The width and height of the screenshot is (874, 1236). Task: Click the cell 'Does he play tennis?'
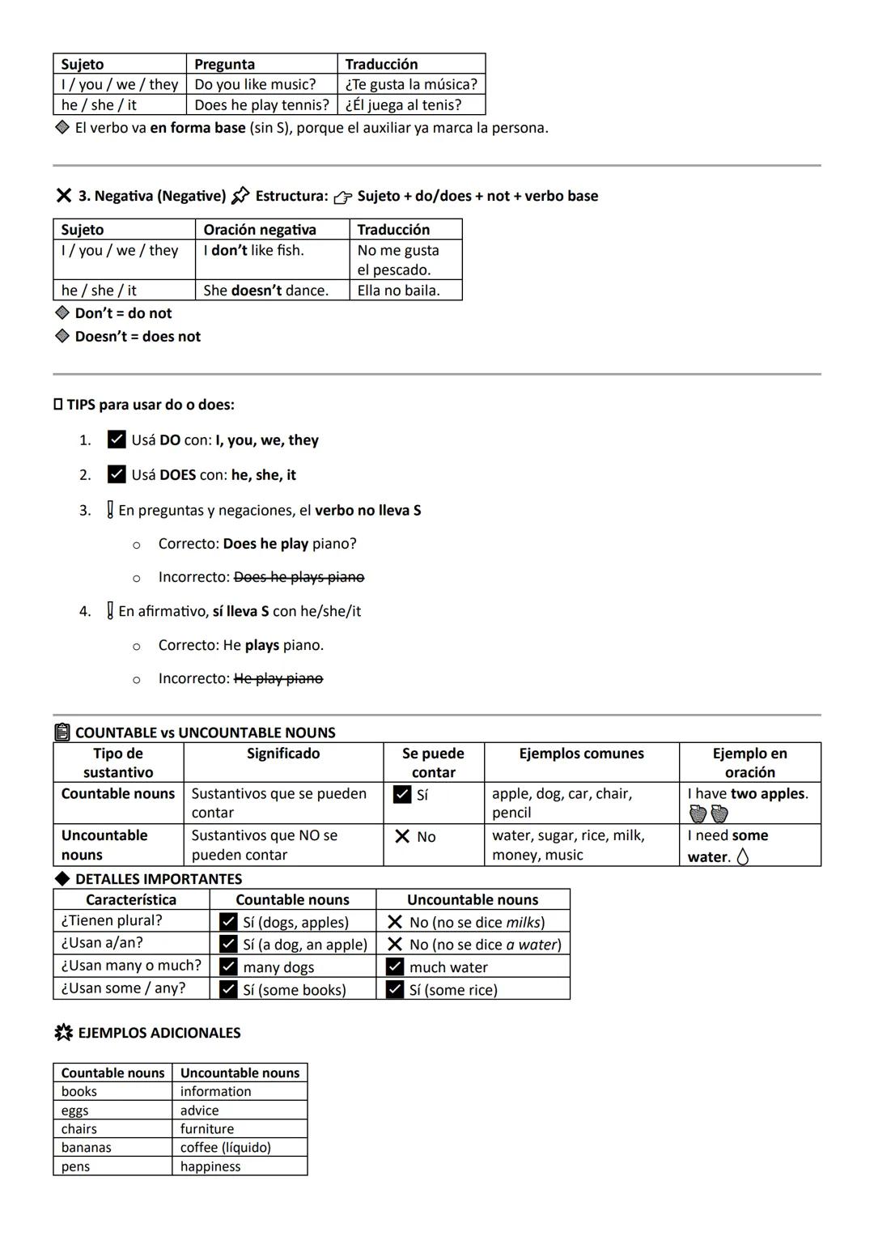261,105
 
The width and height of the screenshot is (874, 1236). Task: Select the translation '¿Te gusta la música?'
411,84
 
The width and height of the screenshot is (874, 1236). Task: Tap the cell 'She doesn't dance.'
265,291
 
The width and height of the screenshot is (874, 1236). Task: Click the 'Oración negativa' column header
260,230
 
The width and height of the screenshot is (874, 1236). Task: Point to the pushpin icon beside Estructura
240,196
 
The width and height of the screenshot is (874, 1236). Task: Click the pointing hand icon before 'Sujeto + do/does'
343,197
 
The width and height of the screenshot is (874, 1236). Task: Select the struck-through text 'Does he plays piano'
299,577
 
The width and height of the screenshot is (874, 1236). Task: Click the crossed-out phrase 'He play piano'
278,678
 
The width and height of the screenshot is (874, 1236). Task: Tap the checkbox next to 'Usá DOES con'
117,474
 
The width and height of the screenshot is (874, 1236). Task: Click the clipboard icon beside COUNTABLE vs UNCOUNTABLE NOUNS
62,733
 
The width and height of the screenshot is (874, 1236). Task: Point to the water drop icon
743,856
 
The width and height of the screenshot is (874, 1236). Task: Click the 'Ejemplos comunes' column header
581,754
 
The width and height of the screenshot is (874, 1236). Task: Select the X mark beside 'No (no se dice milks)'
395,922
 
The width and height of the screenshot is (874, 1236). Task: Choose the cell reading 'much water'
448,967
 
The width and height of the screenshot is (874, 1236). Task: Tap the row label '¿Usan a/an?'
102,943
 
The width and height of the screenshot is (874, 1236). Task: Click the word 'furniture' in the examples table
207,1129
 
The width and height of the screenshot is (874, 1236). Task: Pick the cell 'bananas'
87,1148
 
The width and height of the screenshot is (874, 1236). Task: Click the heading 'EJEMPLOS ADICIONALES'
159,1033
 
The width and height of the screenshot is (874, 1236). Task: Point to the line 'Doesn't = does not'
138,337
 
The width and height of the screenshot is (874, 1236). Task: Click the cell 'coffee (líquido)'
226,1148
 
